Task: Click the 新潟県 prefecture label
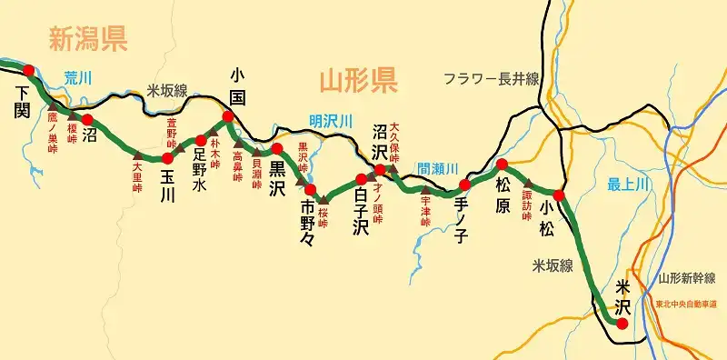click(x=88, y=38)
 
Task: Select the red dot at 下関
click(x=28, y=70)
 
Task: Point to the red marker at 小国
click(x=227, y=116)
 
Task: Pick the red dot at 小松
click(x=559, y=195)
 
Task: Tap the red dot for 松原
click(x=501, y=165)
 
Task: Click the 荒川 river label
click(x=79, y=77)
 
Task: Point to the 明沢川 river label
click(x=330, y=121)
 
